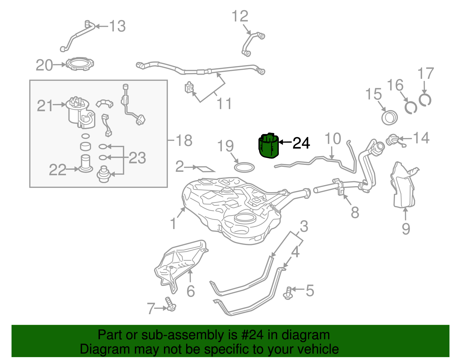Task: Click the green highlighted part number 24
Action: [269, 146]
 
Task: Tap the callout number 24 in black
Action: [301, 143]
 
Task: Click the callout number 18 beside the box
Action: [184, 141]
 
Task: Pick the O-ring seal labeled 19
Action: [244, 167]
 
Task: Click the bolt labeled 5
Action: [288, 293]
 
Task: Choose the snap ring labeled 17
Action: [425, 100]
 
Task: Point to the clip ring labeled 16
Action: [410, 107]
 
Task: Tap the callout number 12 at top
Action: [240, 16]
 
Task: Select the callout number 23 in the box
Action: [137, 158]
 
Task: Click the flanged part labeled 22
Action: [85, 164]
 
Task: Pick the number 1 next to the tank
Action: [173, 224]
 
